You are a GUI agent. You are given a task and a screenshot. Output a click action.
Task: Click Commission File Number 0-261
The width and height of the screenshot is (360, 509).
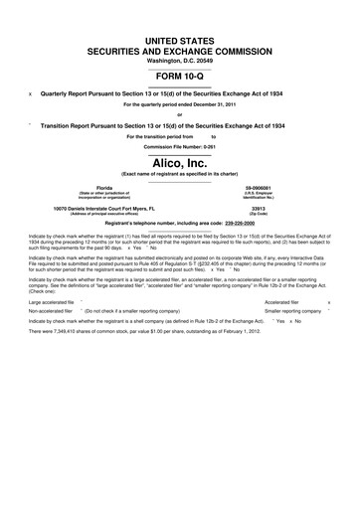click(179, 144)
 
